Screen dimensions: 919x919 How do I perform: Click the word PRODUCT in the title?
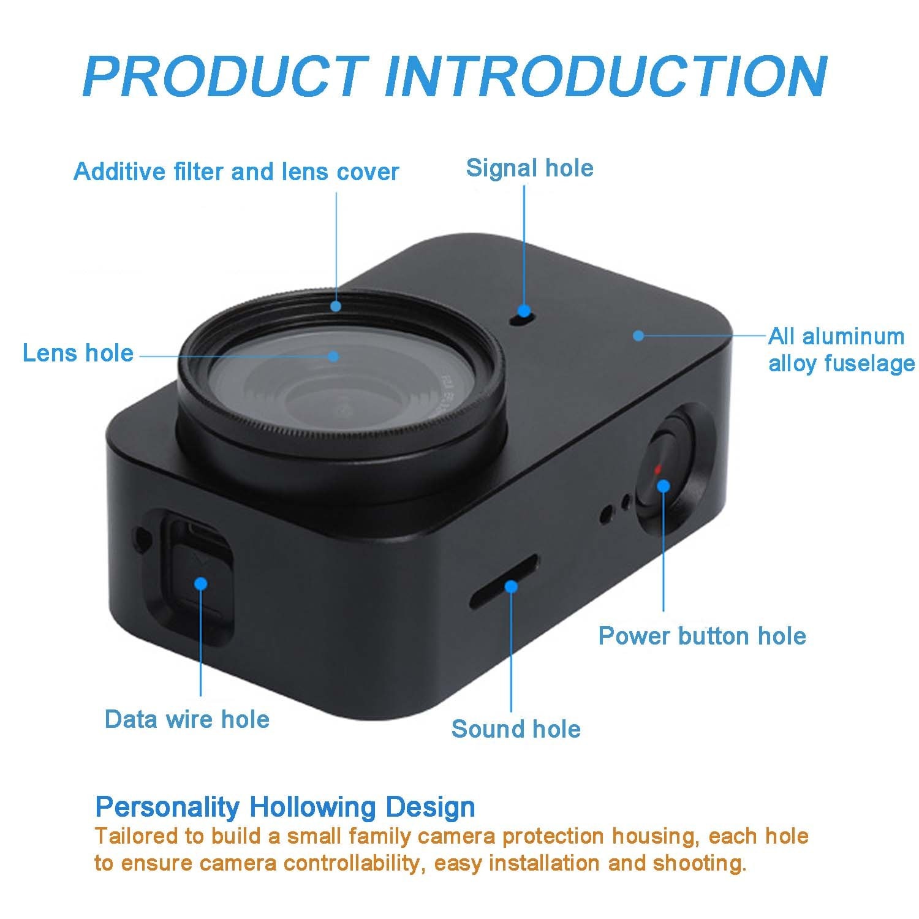pos(225,77)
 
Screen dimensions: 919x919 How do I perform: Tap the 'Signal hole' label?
pos(529,168)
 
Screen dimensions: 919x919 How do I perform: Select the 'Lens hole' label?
pos(78,354)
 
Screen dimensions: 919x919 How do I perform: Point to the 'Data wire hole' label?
pos(187,719)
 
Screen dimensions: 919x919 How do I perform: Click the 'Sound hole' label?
pos(516,729)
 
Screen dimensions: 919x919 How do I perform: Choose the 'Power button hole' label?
pos(702,636)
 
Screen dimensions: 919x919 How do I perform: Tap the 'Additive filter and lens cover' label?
pos(236,172)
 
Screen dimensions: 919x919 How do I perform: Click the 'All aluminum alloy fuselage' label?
pos(841,350)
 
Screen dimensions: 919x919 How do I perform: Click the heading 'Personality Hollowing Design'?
pos(285,807)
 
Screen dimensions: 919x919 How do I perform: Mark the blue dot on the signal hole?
pos(523,311)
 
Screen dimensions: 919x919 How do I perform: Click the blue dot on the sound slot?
pos(510,587)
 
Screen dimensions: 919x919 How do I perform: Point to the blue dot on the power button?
pos(663,486)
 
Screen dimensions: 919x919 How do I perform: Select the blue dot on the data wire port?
pos(200,583)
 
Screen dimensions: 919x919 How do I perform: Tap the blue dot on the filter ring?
pos(336,306)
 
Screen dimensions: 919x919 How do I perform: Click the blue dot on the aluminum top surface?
pos(638,336)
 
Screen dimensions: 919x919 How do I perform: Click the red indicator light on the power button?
pos(657,469)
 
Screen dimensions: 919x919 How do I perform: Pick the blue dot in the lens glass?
pos(333,355)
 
